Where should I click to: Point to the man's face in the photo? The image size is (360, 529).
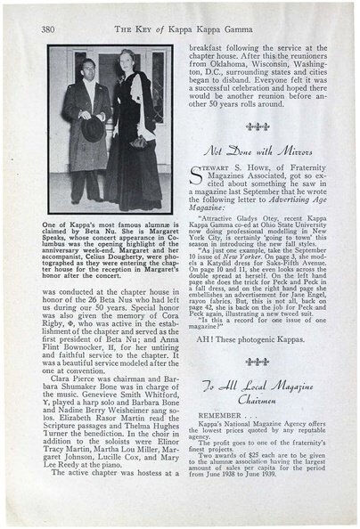[x=86, y=75]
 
